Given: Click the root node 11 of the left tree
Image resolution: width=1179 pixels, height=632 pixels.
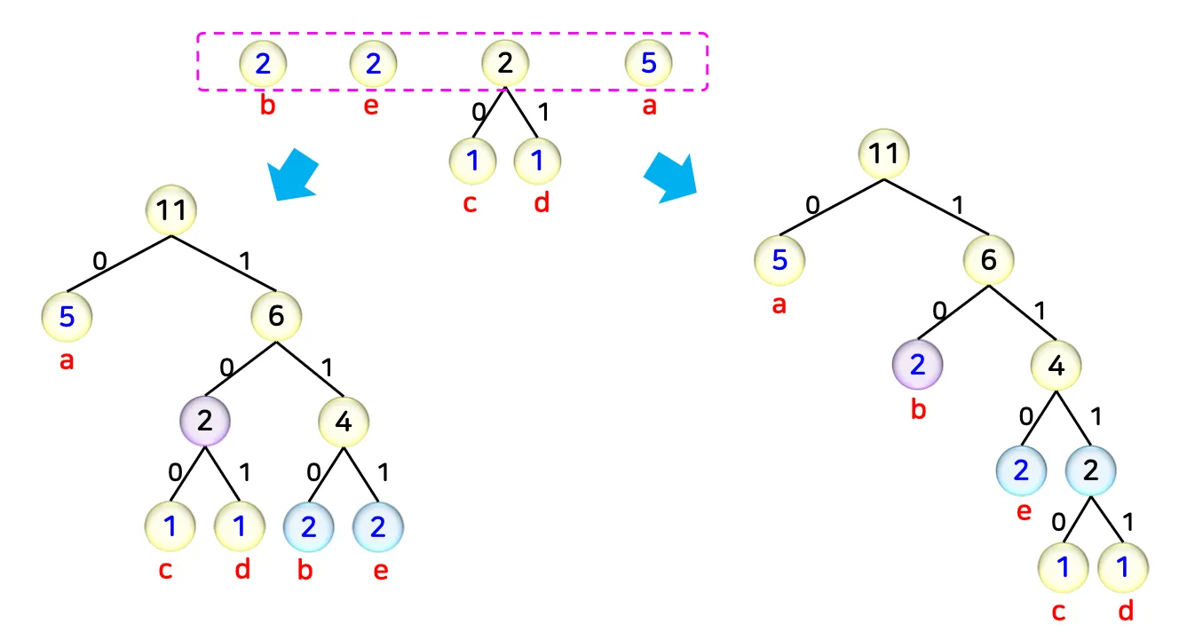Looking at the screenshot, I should click(170, 210).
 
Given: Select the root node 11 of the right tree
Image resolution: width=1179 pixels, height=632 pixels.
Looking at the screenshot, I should click(883, 153).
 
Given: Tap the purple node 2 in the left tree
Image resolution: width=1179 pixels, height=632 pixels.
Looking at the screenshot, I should click(205, 421).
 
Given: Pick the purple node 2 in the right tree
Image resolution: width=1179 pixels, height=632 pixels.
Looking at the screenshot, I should click(918, 364).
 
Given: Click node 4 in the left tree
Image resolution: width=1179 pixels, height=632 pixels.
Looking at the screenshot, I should click(344, 421).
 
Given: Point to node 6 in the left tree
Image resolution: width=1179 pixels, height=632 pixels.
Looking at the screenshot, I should click(275, 316).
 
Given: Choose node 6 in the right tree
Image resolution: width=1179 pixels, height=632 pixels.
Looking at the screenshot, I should click(988, 259).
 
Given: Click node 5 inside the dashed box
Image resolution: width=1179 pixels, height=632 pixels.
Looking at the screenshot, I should click(648, 63).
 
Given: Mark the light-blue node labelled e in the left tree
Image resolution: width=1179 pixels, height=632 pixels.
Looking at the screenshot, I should click(378, 526).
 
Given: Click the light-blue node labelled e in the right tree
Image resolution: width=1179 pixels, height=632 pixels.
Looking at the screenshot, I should click(1022, 470).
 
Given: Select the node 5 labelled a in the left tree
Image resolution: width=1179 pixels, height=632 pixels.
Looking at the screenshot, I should click(67, 316).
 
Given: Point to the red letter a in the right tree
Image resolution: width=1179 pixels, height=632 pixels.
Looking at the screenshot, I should click(779, 305).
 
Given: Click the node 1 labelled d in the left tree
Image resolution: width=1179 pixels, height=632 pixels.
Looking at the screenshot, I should click(239, 526).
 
